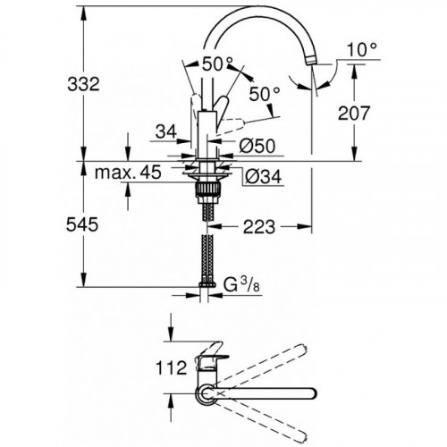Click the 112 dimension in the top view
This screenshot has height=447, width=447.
(170, 367)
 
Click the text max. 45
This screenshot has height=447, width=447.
(129, 173)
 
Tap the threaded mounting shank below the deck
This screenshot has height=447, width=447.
(208, 190)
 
